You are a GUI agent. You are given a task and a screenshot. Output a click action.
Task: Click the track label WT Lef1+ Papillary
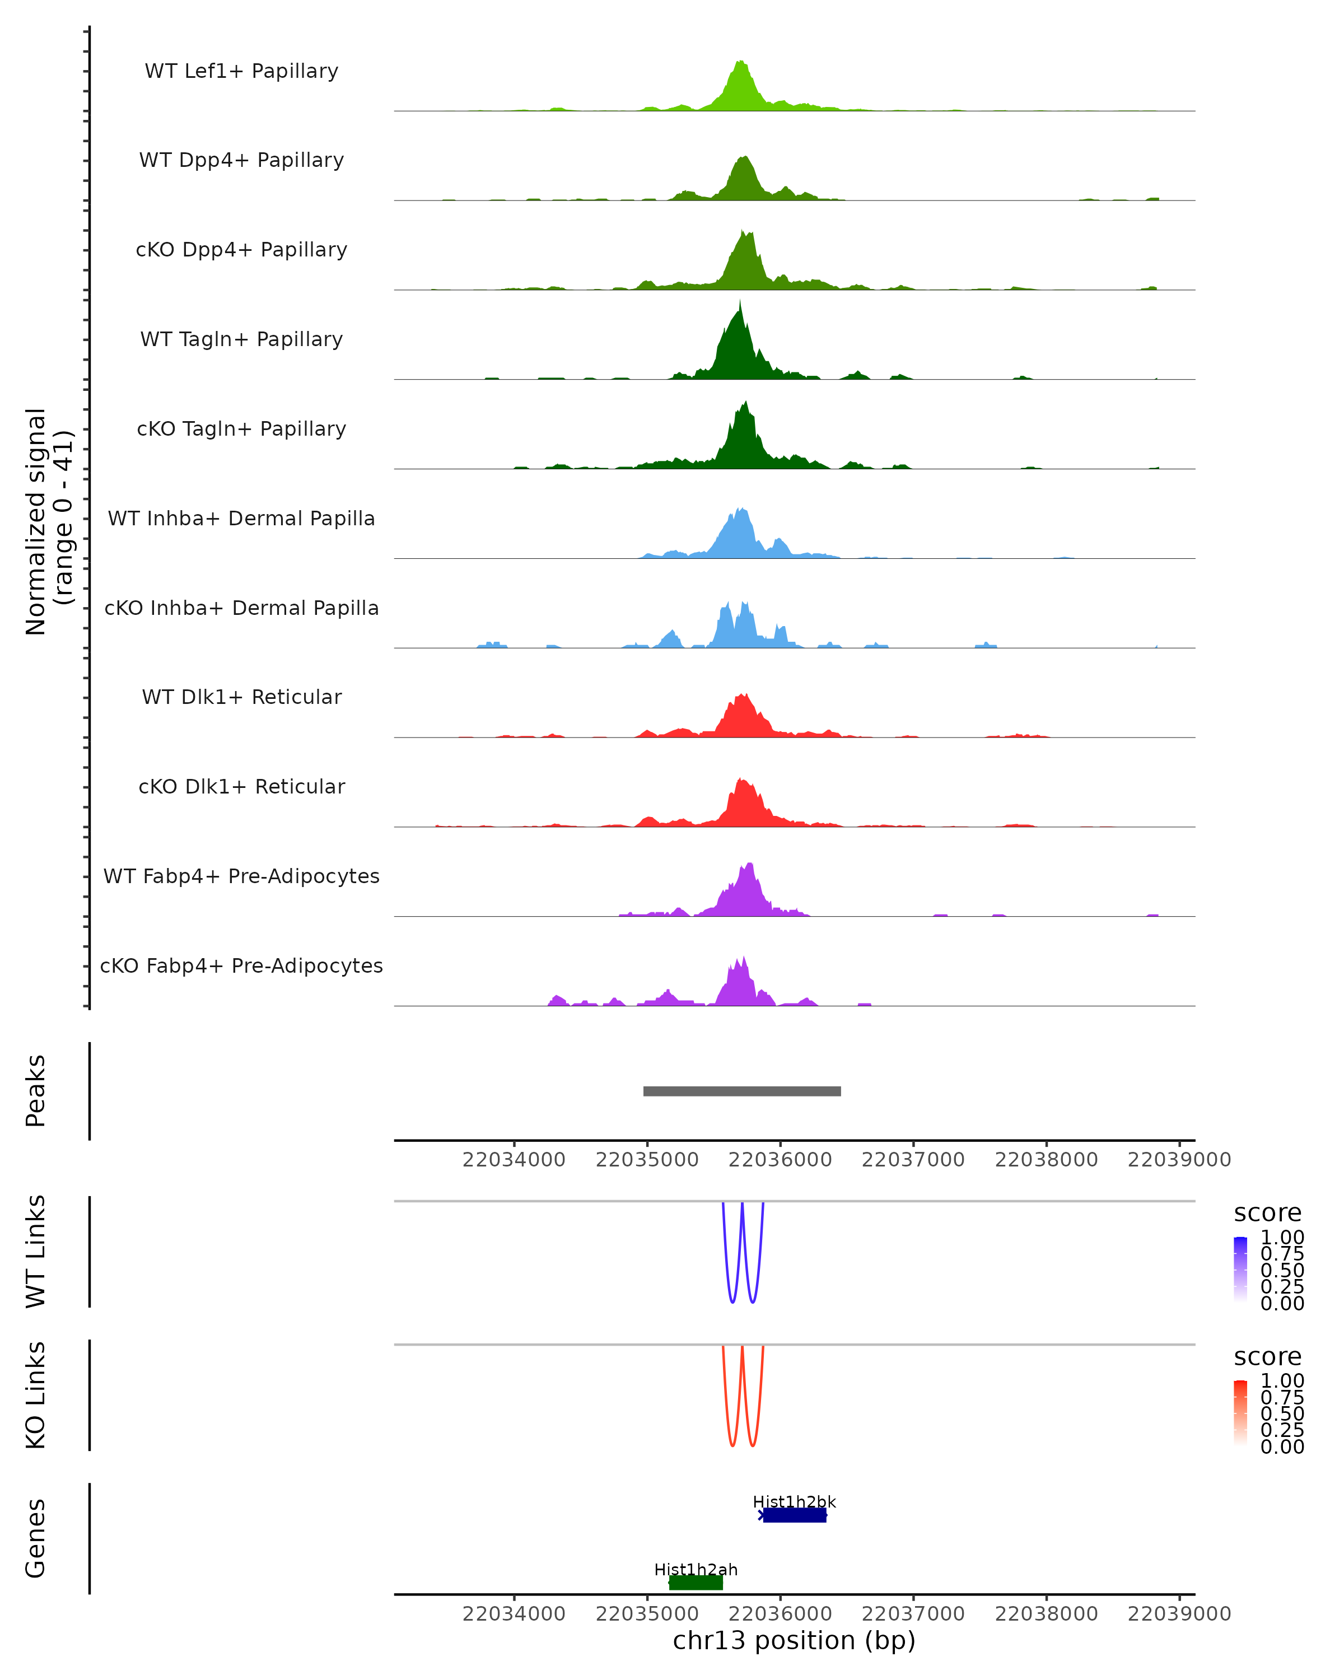point(241,71)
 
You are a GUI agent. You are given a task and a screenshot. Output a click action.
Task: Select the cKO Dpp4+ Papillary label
point(241,249)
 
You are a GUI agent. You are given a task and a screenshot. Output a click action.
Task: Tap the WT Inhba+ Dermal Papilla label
point(241,518)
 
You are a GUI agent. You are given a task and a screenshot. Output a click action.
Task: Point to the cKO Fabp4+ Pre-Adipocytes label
point(241,965)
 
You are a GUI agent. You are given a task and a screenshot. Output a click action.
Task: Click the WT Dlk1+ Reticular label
point(241,697)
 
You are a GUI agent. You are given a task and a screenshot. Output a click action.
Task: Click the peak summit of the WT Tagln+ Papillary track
point(740,301)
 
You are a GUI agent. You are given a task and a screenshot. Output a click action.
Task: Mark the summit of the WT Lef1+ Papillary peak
point(740,62)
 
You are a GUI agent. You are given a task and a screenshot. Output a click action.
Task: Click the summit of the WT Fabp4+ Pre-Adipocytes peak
point(749,864)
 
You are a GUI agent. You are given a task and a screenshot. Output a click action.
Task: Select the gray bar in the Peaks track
point(742,1091)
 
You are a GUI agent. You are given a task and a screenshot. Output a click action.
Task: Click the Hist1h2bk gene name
point(794,1501)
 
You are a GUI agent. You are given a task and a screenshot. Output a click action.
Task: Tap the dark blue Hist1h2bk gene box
point(795,1515)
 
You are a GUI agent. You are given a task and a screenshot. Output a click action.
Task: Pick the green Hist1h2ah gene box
point(696,1583)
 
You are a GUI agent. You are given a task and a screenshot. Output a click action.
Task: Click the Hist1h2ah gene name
point(696,1569)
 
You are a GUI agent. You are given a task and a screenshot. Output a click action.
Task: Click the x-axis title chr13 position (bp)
point(794,1640)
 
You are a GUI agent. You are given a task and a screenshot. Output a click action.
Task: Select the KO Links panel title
point(36,1395)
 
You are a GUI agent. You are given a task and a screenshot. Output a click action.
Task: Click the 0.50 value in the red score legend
point(1282,1413)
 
